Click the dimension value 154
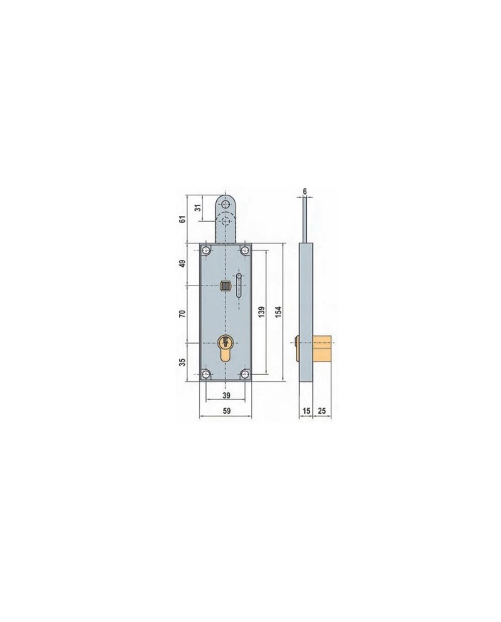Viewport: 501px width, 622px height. pos(278,313)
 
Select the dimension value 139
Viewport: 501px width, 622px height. pos(261,313)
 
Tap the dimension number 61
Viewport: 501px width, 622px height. pos(183,219)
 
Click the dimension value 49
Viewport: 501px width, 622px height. pos(183,263)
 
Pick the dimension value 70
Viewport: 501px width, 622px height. pos(183,314)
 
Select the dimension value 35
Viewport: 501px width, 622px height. pos(183,362)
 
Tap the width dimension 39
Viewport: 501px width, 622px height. pos(226,396)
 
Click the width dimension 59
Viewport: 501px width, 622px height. pos(226,411)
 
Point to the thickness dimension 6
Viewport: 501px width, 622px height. pos(305,192)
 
